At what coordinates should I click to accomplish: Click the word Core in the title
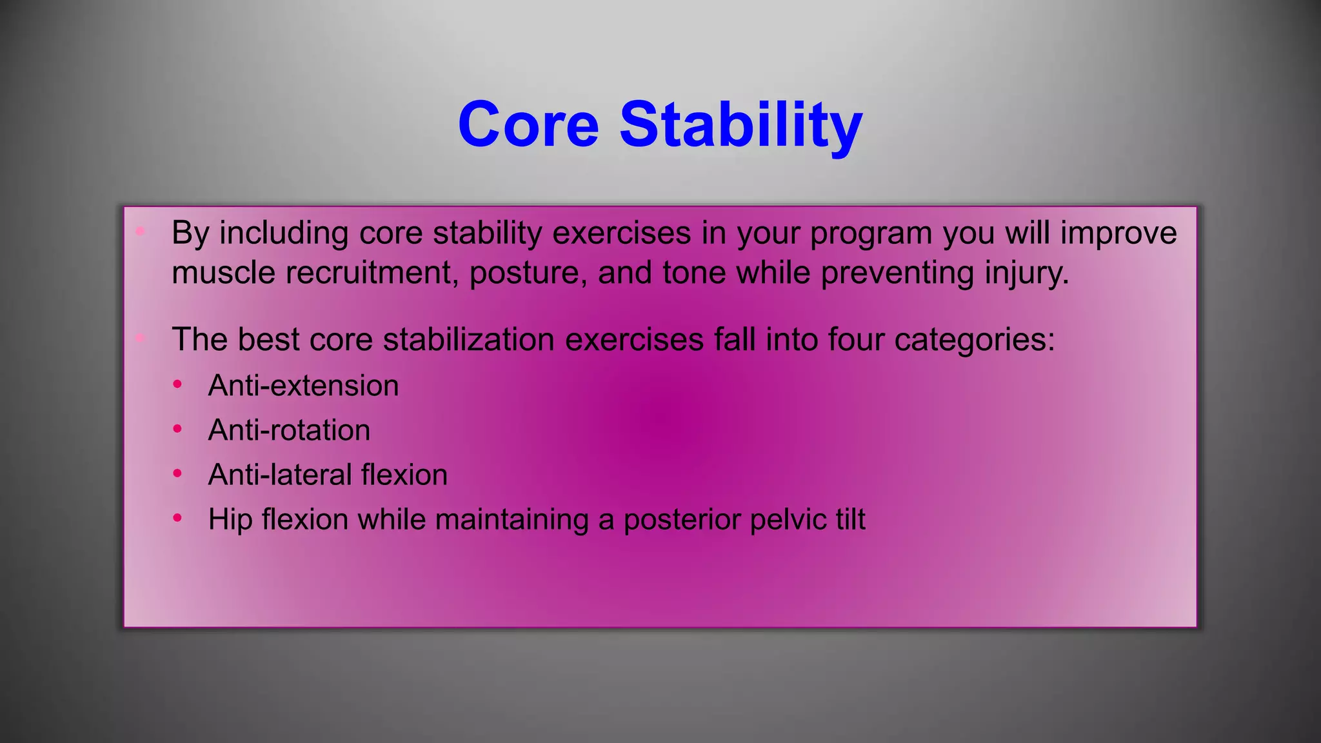pos(528,124)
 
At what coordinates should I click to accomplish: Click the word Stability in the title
pos(740,126)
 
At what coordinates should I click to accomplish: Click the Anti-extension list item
pos(303,386)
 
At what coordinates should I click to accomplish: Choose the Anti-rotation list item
pos(289,430)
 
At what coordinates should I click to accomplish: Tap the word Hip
pos(229,520)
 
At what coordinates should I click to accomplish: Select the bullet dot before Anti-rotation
pos(177,429)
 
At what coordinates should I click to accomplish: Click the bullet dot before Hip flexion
pos(177,518)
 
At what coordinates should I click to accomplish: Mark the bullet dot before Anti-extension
pos(177,384)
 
